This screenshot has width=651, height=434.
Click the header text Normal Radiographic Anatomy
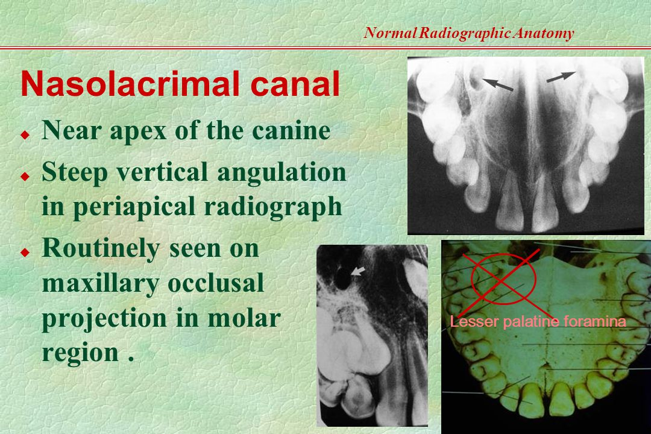[468, 34]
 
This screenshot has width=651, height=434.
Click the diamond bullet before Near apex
[25, 133]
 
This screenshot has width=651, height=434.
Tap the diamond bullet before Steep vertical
[25, 175]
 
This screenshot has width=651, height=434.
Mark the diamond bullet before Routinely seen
[25, 250]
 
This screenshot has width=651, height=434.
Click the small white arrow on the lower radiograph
[359, 272]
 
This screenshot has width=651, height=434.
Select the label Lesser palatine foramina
[538, 322]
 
